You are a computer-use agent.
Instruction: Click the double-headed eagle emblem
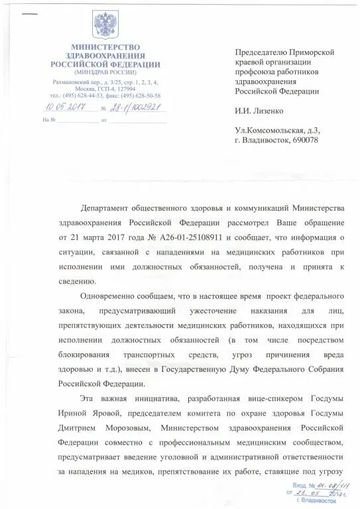[x=106, y=25]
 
